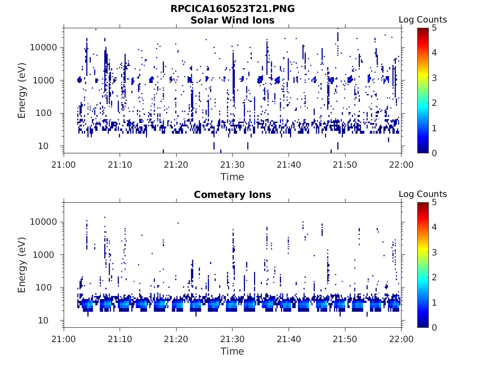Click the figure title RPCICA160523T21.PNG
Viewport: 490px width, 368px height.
[233, 9]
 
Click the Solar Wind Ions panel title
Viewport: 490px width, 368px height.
[233, 20]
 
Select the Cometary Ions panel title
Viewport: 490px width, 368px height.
[233, 195]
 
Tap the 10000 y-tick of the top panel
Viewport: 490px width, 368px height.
[44, 48]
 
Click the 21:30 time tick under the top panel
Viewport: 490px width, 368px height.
[233, 165]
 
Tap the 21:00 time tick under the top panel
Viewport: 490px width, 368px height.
[64, 165]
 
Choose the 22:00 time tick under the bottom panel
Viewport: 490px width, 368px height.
[401, 339]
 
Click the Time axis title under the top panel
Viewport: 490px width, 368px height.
[233, 177]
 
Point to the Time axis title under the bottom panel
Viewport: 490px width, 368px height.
[233, 351]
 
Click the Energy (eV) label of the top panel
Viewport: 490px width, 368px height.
[22, 90]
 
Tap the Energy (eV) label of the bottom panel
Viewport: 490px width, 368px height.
[22, 264]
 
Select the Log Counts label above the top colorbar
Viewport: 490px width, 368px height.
[423, 20]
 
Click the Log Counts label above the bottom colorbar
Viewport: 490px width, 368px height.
[423, 194]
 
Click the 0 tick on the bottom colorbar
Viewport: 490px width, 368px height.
[435, 327]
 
